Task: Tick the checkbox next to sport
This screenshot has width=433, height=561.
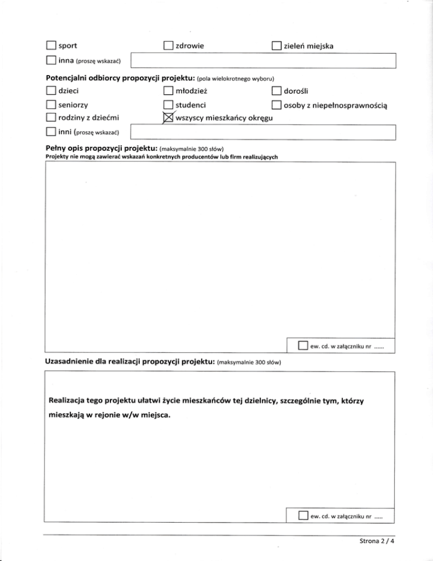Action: coord(50,45)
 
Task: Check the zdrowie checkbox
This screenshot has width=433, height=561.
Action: coord(167,45)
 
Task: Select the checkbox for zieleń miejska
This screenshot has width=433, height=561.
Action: coord(276,45)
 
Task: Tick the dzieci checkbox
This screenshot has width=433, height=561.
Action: coord(50,90)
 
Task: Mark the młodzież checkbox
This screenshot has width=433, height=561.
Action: coord(167,90)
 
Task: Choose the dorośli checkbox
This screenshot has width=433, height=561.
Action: coord(276,90)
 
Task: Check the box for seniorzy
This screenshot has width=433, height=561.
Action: coord(50,105)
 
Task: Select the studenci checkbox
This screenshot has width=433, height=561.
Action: coord(167,105)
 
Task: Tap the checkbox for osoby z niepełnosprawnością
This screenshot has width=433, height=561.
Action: coord(276,105)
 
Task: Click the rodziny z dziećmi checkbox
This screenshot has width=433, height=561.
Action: coord(50,118)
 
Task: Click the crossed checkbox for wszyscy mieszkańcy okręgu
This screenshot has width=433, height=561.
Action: coord(167,118)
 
